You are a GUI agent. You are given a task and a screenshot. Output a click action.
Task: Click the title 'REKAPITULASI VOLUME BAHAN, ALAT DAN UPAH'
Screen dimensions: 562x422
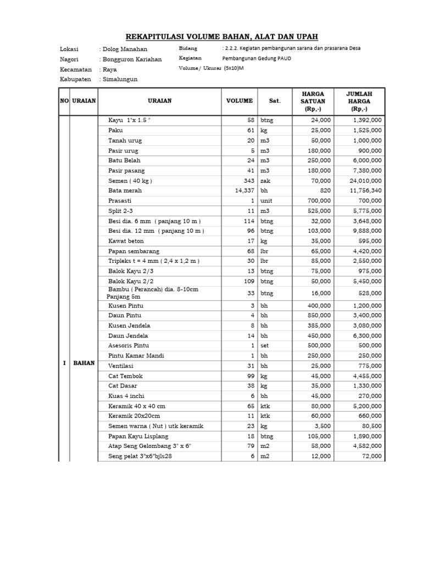[222, 36]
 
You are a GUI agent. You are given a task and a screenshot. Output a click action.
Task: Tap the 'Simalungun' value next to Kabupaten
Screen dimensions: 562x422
[120, 79]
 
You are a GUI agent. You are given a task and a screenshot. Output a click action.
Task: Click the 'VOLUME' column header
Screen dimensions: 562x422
[240, 101]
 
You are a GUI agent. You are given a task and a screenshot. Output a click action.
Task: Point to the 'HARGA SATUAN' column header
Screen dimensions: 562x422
[313, 101]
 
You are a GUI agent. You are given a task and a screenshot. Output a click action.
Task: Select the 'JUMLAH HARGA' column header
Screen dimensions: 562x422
[359, 101]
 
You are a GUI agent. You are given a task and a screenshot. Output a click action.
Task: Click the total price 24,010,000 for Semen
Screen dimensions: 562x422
[363, 181]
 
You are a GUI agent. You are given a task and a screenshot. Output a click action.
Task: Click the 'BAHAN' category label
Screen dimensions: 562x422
[84, 363]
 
